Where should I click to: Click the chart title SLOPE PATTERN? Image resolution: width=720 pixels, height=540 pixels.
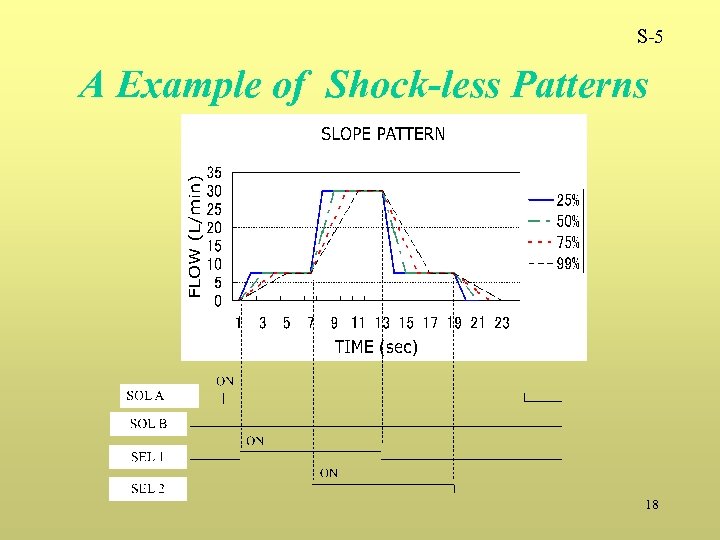coord(383,134)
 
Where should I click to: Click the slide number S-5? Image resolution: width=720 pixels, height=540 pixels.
coord(649,39)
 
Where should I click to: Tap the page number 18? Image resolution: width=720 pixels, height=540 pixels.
coord(652,505)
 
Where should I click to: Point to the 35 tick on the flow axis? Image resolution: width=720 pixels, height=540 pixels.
coord(213,172)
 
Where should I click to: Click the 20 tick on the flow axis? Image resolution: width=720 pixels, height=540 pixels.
coord(213,228)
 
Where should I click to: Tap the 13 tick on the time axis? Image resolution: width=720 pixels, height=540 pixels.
coord(382,323)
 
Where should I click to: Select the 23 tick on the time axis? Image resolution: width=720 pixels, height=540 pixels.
coord(502,323)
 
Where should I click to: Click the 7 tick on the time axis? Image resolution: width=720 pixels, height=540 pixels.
coord(311,323)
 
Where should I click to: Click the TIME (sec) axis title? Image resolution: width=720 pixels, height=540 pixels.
coord(376,347)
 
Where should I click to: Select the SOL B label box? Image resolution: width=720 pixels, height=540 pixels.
coord(148,424)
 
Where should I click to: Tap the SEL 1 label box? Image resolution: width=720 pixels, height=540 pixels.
coord(147,457)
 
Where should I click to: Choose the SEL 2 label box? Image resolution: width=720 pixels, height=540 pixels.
coord(147,489)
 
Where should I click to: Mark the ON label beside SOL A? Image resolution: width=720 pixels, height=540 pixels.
coord(226,380)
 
